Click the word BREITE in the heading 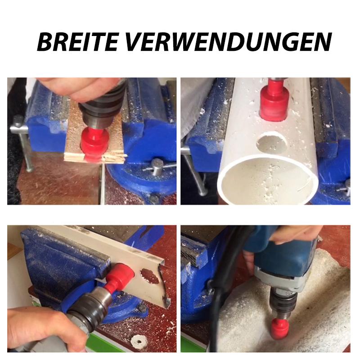[x=77, y=42]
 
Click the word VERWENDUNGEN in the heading [x=229, y=42]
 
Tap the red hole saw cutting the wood [x=94, y=142]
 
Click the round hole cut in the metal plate [x=150, y=276]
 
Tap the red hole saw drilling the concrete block [x=280, y=329]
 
